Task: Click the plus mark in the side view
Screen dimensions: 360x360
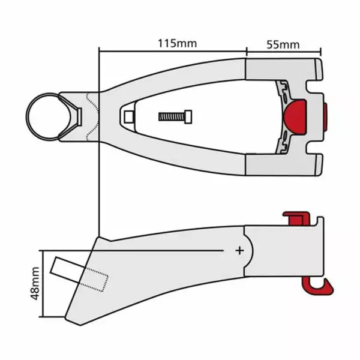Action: pyautogui.click(x=239, y=250)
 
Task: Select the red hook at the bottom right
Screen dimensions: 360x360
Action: pyautogui.click(x=318, y=284)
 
